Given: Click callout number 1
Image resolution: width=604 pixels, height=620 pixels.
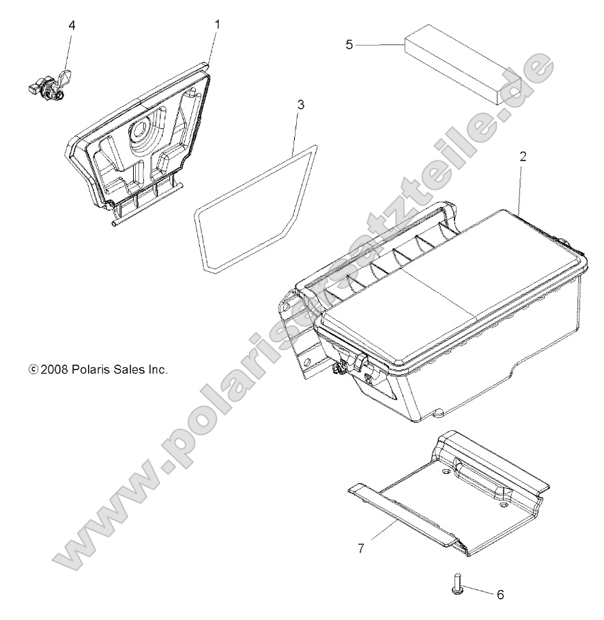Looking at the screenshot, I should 217,25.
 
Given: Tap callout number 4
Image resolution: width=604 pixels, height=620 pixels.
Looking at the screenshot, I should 72,25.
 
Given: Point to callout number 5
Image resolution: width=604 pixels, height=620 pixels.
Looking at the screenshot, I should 349,45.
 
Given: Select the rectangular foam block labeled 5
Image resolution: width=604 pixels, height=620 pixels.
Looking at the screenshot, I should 471,61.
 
